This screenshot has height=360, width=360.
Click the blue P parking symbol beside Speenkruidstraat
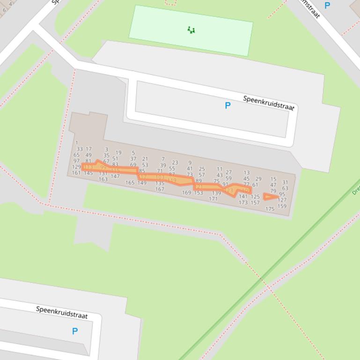[x=228, y=106]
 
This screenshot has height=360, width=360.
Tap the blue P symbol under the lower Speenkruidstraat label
[x=75, y=331]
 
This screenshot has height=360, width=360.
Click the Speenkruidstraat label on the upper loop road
[x=269, y=103]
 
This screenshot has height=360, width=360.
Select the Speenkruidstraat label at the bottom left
[x=62, y=312]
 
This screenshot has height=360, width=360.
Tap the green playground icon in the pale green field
[x=191, y=30]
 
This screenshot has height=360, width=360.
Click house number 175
[x=270, y=209]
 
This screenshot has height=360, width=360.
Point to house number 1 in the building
[x=77, y=143]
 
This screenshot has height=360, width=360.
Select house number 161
[x=76, y=173]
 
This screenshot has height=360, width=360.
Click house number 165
[x=130, y=183]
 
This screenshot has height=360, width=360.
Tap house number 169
[x=186, y=193]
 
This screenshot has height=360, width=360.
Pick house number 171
[x=213, y=199]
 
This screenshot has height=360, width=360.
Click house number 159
[x=282, y=206]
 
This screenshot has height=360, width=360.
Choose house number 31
[x=285, y=182]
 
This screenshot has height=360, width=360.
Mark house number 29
[x=258, y=179]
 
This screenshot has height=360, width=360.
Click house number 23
[x=175, y=163]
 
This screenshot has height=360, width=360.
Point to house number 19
[x=118, y=152]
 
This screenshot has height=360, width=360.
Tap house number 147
[x=115, y=176]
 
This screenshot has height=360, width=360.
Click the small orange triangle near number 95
[x=269, y=197]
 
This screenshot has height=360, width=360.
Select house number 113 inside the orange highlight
[x=88, y=167]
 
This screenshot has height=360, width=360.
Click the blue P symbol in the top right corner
[x=327, y=6]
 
